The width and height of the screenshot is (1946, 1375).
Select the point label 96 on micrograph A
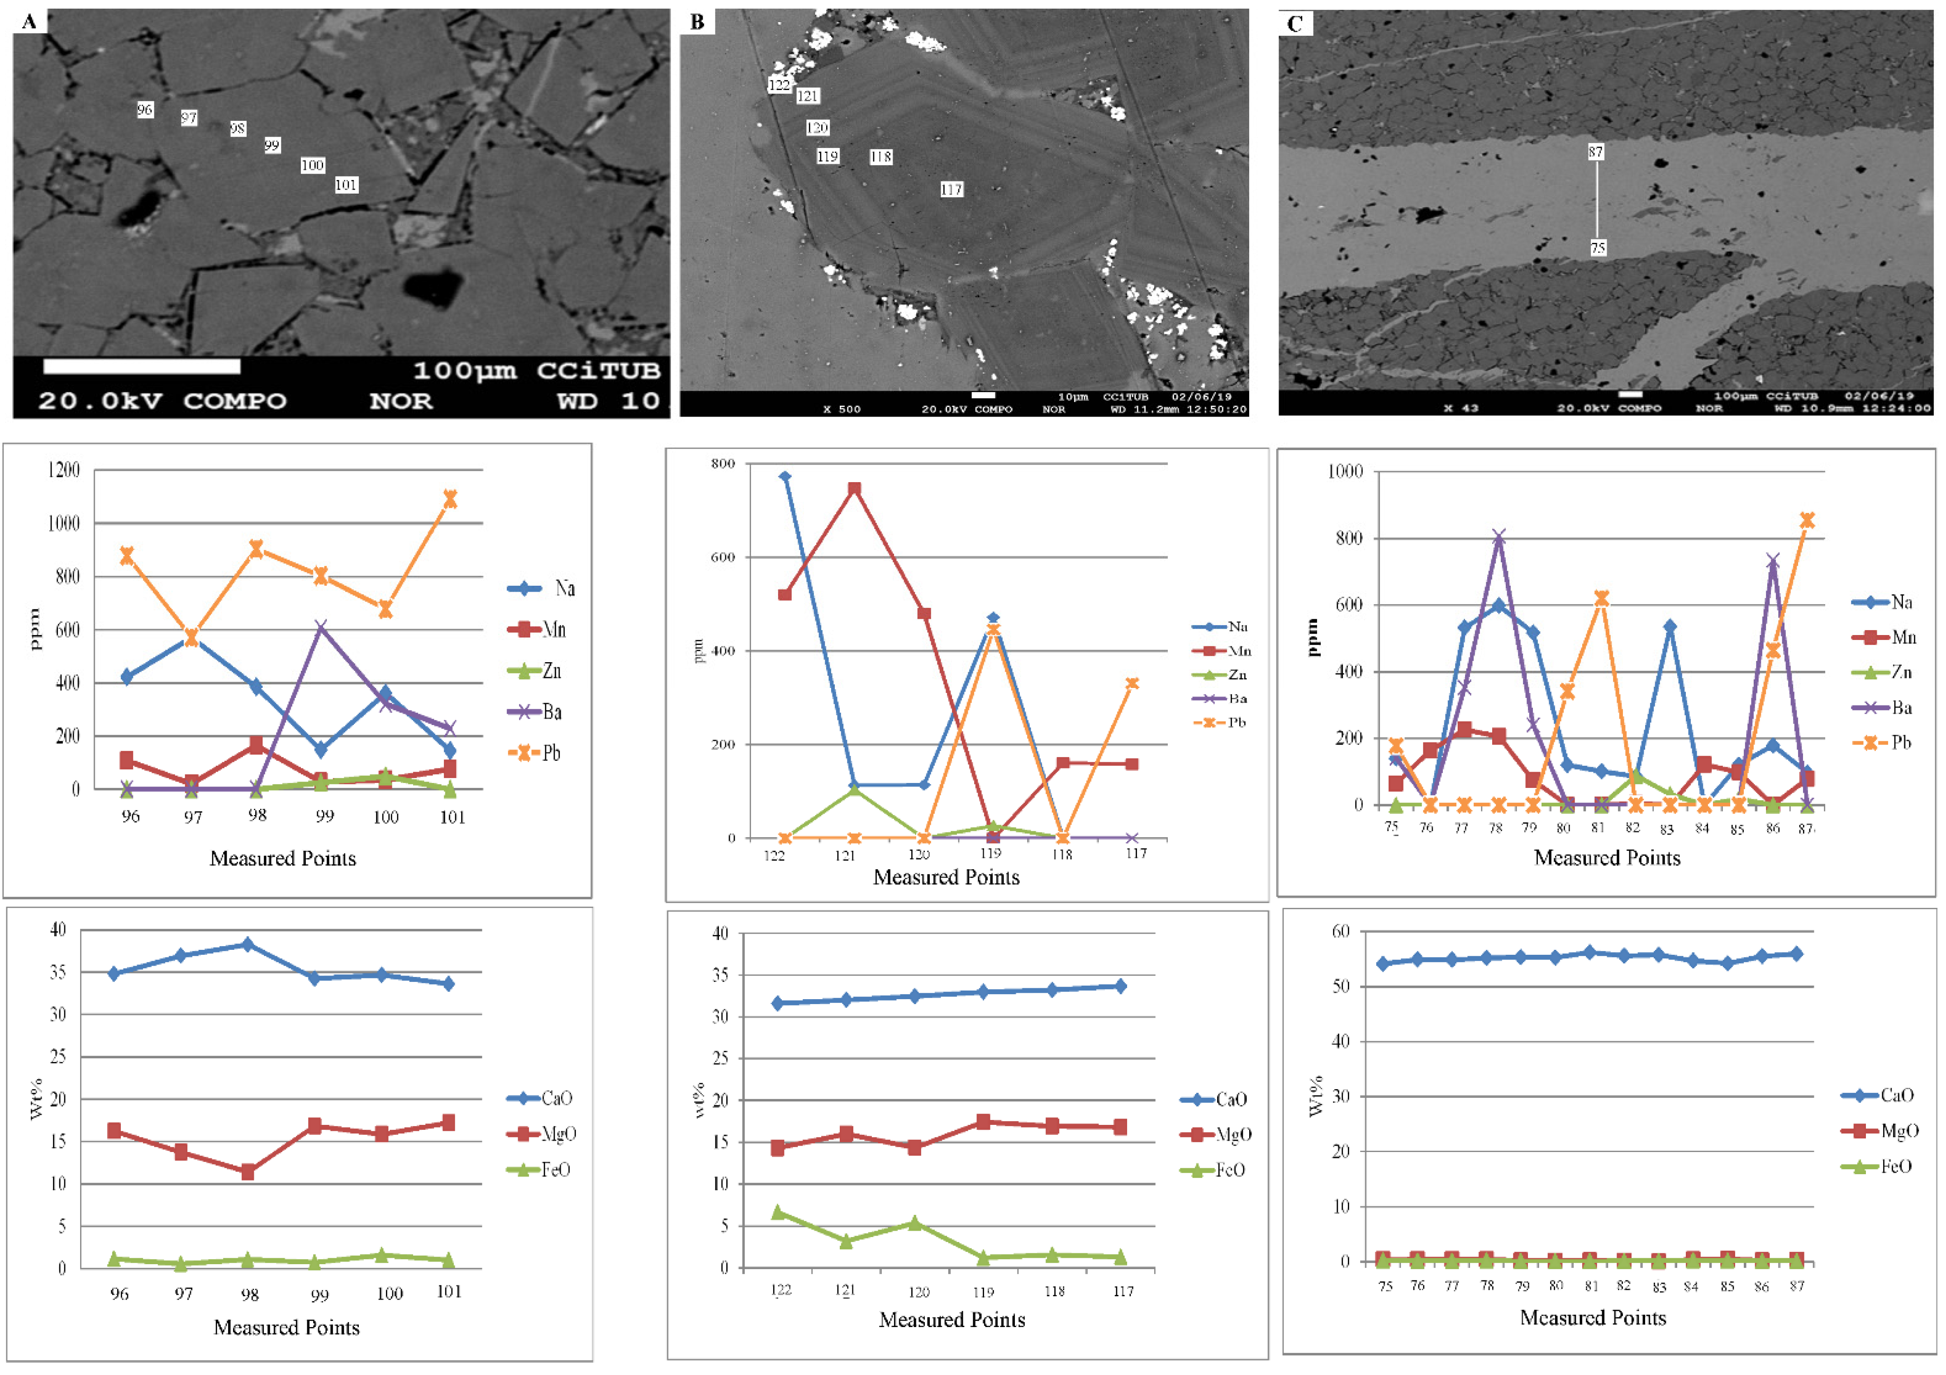(145, 110)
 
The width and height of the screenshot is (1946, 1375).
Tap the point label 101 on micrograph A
(346, 185)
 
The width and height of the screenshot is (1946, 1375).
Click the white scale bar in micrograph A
(142, 366)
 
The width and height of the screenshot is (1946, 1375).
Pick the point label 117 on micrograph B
(951, 190)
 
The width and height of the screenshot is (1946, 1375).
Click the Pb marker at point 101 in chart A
(450, 499)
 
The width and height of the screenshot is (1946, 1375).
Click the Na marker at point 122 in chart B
(785, 477)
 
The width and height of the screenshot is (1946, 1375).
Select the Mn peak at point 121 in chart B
(854, 489)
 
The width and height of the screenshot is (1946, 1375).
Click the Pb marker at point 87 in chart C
(1806, 520)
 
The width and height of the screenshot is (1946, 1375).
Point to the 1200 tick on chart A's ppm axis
(63, 470)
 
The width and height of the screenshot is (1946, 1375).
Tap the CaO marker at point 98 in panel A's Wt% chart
(247, 944)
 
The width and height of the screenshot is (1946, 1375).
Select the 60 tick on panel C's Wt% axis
(1340, 931)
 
